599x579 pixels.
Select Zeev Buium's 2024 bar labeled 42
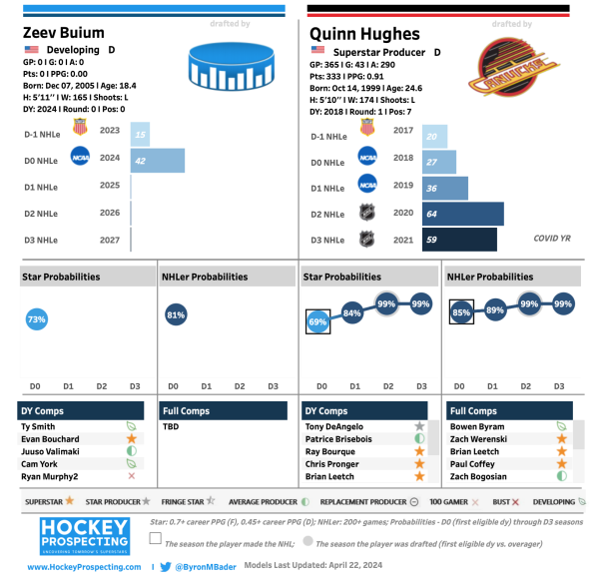(158, 160)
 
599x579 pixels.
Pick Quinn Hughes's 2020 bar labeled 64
(463, 214)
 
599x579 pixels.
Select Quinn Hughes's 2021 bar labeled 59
(459, 240)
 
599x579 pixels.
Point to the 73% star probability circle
(37, 319)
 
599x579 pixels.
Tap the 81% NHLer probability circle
(177, 315)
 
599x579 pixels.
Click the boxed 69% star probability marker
(318, 322)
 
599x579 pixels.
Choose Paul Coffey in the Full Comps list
(473, 464)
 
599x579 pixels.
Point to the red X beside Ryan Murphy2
(131, 477)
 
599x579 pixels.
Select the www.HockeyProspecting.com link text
(84, 567)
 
